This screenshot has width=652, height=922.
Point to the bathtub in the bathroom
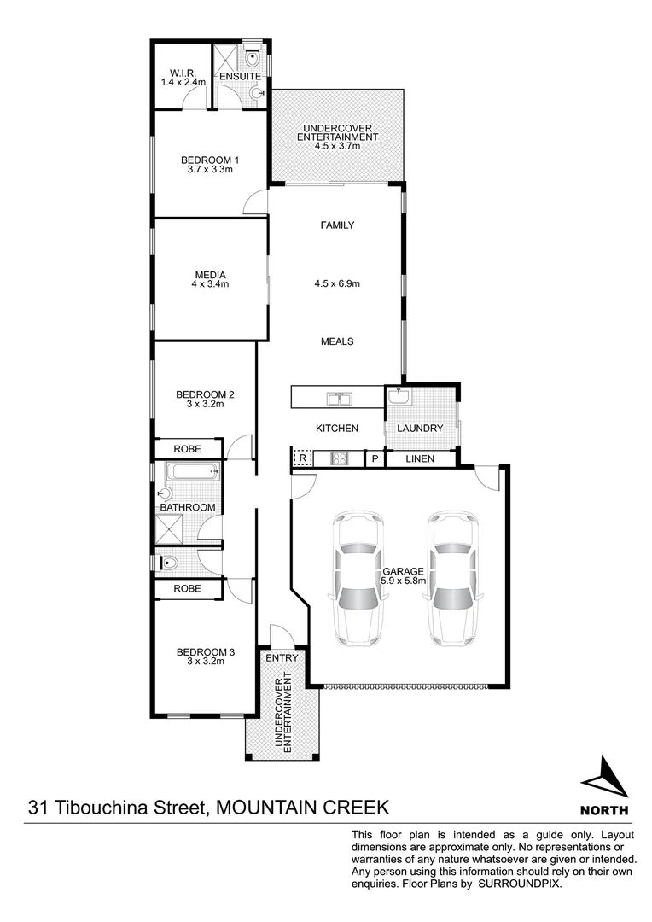(193, 471)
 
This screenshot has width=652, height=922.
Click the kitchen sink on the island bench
(339, 398)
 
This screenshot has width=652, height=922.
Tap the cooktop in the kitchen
(340, 459)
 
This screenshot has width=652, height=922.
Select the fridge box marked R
(302, 459)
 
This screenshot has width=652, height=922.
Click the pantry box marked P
(374, 459)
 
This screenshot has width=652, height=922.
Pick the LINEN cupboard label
(419, 459)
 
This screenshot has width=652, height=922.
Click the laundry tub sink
(399, 397)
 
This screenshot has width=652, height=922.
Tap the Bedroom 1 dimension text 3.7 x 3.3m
(210, 170)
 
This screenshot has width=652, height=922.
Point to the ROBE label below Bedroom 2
(187, 448)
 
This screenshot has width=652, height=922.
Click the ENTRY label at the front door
(282, 658)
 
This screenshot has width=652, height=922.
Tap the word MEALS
(337, 341)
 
